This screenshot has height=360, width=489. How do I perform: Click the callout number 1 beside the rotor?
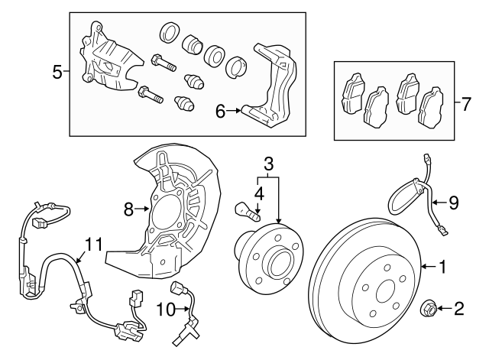tap(441, 267)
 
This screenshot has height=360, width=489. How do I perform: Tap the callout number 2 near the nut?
tap(459, 309)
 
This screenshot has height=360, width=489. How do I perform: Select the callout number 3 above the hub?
tap(268, 164)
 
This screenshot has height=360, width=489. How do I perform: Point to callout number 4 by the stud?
tap(260, 194)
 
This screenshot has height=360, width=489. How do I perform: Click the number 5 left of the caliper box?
tap(57, 73)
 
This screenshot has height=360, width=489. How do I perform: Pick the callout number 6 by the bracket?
tap(221, 112)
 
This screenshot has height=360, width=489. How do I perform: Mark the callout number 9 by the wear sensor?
tap(453, 203)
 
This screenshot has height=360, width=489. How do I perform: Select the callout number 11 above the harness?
tap(93, 245)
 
